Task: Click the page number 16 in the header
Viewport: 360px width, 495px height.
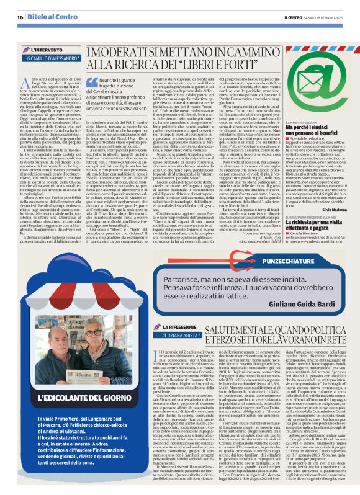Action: (20, 17)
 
